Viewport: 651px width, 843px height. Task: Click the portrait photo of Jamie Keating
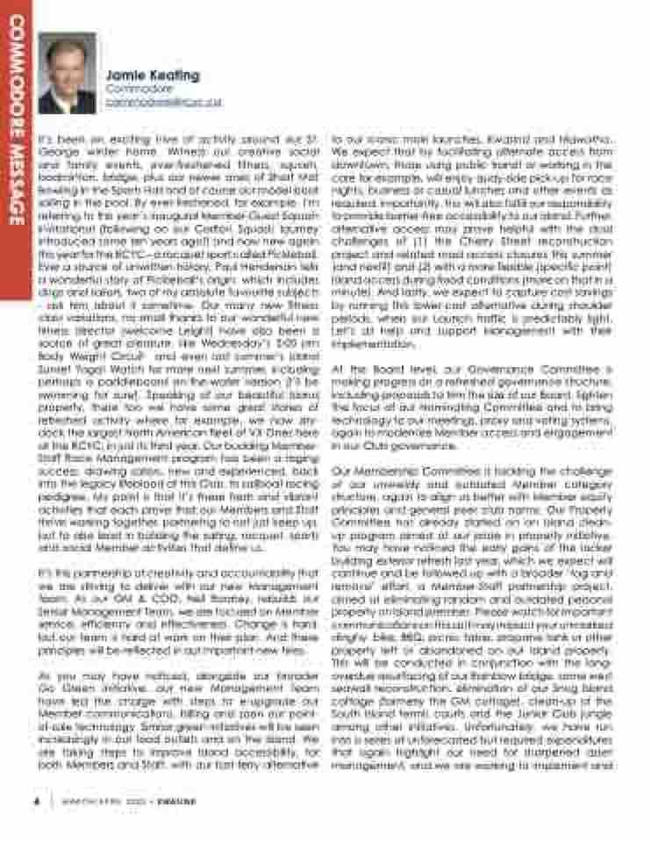coord(68,74)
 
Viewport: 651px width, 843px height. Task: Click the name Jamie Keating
coord(153,76)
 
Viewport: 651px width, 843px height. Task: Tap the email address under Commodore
coord(163,102)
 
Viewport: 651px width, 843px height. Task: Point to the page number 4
coord(37,800)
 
